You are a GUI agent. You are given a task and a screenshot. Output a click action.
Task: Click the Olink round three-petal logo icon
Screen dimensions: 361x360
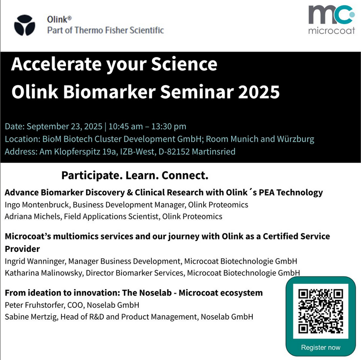pyautogui.click(x=25, y=25)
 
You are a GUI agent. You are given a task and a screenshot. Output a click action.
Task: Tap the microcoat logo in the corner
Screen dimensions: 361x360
pyautogui.click(x=331, y=20)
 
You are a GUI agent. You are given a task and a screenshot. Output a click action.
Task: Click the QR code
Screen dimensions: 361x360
pyautogui.click(x=321, y=311)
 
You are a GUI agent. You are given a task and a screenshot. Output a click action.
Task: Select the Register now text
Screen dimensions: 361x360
pyautogui.click(x=321, y=347)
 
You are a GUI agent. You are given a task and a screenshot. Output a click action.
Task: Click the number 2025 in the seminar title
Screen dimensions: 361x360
pyautogui.click(x=259, y=92)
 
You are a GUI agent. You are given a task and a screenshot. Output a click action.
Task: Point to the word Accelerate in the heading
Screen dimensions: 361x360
pyautogui.click(x=56, y=64)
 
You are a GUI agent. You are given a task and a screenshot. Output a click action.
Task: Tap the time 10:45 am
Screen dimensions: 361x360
pyautogui.click(x=125, y=126)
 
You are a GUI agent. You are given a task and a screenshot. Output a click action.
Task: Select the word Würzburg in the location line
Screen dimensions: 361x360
pyautogui.click(x=296, y=139)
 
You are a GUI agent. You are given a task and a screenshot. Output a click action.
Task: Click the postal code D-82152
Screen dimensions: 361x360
pyautogui.click(x=174, y=151)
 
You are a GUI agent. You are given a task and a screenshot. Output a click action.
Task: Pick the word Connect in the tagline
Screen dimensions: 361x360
pyautogui.click(x=183, y=176)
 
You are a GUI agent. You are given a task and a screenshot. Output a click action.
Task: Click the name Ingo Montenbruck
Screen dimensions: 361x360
pyautogui.click(x=37, y=205)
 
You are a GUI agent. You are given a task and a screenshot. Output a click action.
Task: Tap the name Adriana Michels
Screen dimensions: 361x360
pyautogui.click(x=32, y=216)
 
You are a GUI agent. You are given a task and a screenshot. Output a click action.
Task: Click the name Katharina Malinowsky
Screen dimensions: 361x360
pyautogui.click(x=43, y=273)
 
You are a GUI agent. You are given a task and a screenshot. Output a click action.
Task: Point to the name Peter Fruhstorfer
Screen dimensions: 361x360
pyautogui.click(x=34, y=305)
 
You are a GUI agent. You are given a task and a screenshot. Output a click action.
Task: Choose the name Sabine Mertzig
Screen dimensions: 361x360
pyautogui.click(x=31, y=317)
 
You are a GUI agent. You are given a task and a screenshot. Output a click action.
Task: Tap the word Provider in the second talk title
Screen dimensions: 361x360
pyautogui.click(x=22, y=249)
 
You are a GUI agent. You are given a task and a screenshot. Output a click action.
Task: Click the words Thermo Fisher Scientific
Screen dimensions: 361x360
pyautogui.click(x=119, y=30)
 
